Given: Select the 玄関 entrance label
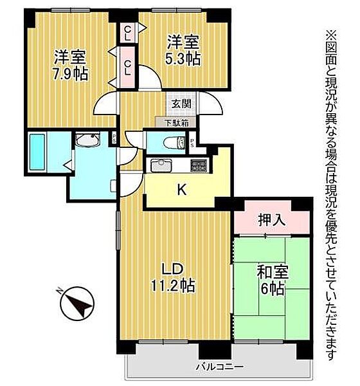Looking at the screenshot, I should (x=180, y=104).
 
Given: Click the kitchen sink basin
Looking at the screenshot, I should (x=160, y=166).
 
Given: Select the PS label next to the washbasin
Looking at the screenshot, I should (x=113, y=136).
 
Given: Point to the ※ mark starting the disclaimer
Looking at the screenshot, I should (x=331, y=33).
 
